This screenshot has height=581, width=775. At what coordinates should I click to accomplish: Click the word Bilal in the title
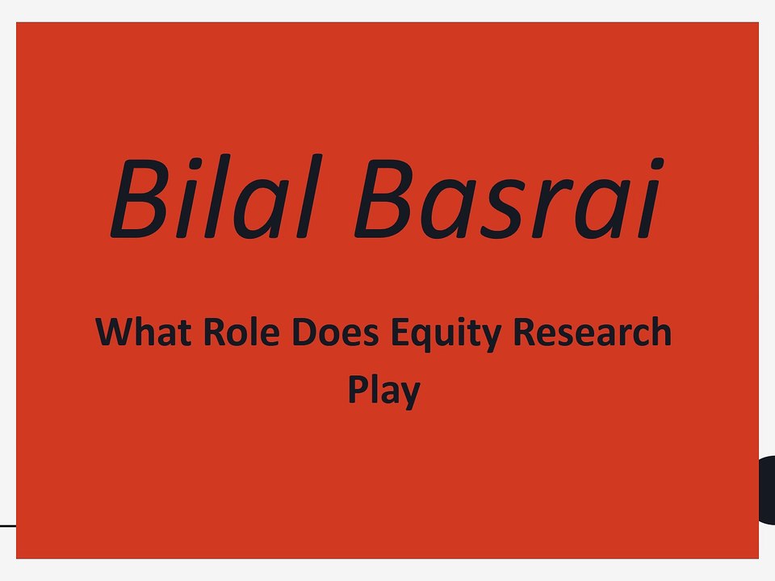click(216, 197)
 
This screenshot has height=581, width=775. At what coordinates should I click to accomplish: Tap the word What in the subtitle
click(144, 332)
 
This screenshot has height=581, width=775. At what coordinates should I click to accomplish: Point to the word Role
click(241, 332)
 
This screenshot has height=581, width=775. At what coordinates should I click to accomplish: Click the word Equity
click(446, 335)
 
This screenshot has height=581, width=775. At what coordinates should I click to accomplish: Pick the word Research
click(593, 332)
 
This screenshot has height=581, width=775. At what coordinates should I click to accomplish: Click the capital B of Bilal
click(140, 199)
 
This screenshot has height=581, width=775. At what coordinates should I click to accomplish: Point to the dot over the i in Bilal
click(196, 164)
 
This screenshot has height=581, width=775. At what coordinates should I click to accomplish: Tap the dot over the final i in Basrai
click(657, 164)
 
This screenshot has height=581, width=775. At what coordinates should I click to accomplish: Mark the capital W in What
click(115, 332)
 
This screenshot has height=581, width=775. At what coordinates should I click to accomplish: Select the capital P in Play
click(358, 389)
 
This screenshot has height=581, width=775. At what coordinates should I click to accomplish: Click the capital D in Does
click(304, 332)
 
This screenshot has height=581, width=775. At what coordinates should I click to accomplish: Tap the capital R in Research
click(524, 332)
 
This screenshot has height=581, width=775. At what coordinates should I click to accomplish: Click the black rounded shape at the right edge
click(767, 490)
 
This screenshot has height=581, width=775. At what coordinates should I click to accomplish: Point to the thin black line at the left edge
click(8, 526)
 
